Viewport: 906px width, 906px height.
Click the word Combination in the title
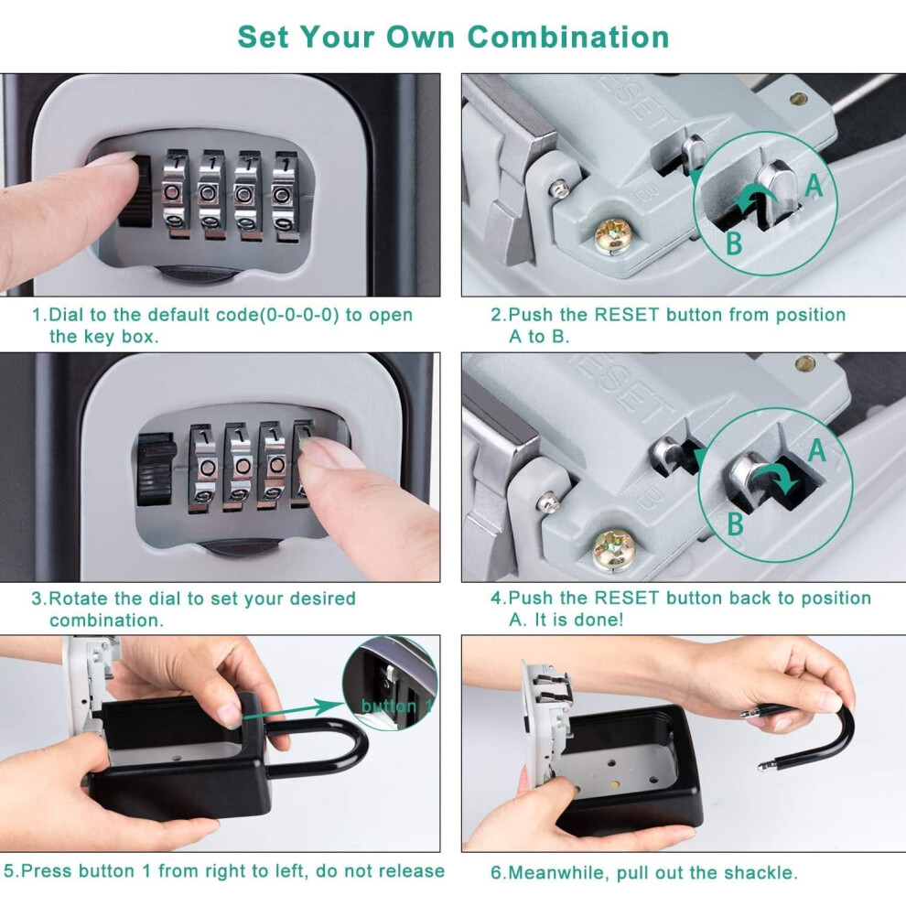tap(568, 37)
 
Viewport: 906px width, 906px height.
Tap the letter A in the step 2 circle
tap(814, 185)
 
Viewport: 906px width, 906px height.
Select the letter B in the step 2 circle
tap(734, 243)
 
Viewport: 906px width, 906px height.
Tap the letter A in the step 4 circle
tap(817, 450)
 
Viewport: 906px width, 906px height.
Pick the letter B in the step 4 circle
tap(735, 523)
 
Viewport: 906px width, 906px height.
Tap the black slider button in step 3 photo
tap(156, 469)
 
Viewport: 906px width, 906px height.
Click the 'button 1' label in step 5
tap(396, 706)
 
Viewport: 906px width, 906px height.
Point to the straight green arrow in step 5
tap(294, 710)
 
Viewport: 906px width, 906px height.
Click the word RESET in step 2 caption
tap(626, 315)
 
